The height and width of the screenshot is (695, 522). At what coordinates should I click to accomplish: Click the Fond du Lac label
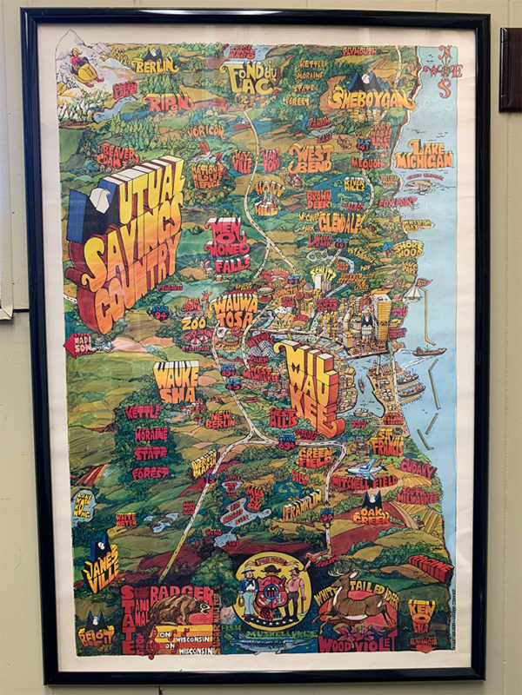coord(259,78)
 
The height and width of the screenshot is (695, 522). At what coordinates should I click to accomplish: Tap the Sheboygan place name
coord(371,98)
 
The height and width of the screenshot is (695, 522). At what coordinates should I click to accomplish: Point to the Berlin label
coord(157,64)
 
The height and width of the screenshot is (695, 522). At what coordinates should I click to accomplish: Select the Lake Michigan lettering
coord(424,155)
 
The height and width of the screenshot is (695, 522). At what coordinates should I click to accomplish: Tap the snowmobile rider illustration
coord(85,63)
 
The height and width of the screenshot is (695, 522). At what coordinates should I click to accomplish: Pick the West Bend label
coord(310,158)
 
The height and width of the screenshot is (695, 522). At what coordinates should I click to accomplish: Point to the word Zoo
coord(193,323)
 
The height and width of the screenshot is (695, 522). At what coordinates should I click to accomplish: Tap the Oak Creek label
coord(371,515)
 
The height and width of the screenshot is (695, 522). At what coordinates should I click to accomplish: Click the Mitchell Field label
coord(365,479)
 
